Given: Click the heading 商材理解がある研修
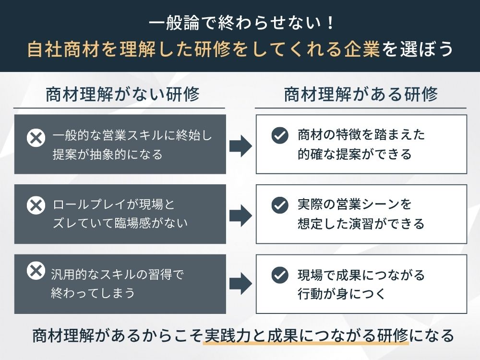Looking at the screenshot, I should coord(361,95).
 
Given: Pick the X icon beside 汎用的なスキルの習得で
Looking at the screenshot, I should coord(36,271).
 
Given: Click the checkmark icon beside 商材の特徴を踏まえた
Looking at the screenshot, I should coord(279,135).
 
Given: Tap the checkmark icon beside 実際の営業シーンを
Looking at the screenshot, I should coord(279,205).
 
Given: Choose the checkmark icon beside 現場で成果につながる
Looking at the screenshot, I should coord(279,276).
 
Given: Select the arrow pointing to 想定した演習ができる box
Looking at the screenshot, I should coord(240,216).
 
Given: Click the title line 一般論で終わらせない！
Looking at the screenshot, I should coord(240,23).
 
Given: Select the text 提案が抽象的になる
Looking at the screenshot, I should coord(108,155).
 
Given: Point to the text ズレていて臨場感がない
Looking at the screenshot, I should coord(120,223).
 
